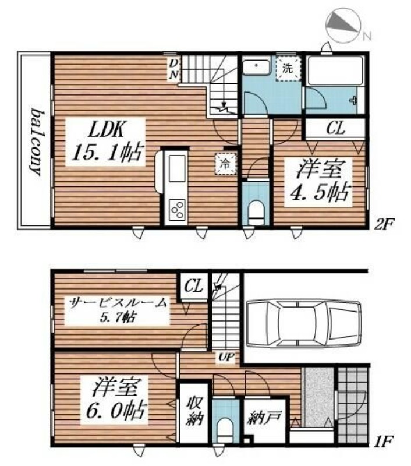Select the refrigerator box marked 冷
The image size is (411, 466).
click(224, 164)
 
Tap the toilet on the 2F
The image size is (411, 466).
click(256, 210)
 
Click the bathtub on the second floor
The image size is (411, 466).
click(335, 71)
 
